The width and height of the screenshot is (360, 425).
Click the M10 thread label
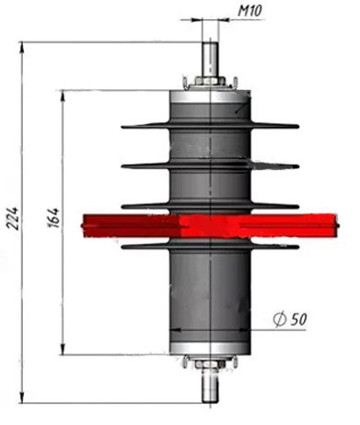pyautogui.click(x=250, y=11)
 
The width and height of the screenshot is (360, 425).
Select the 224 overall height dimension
pyautogui.click(x=13, y=218)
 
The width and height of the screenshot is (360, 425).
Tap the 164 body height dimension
pyautogui.click(x=53, y=218)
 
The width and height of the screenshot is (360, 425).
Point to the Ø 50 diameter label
pyautogui.click(x=290, y=319)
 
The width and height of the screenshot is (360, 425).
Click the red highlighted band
pyautogui.click(x=210, y=226)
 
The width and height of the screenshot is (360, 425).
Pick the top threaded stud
pyautogui.click(x=210, y=60)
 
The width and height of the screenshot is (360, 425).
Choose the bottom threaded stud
pyautogui.click(x=211, y=385)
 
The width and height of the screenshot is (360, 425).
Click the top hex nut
pyautogui.click(x=210, y=81)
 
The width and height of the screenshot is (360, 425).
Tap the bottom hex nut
pyautogui.click(x=210, y=364)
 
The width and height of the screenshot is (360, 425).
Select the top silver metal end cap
pyautogui.click(x=210, y=97)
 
